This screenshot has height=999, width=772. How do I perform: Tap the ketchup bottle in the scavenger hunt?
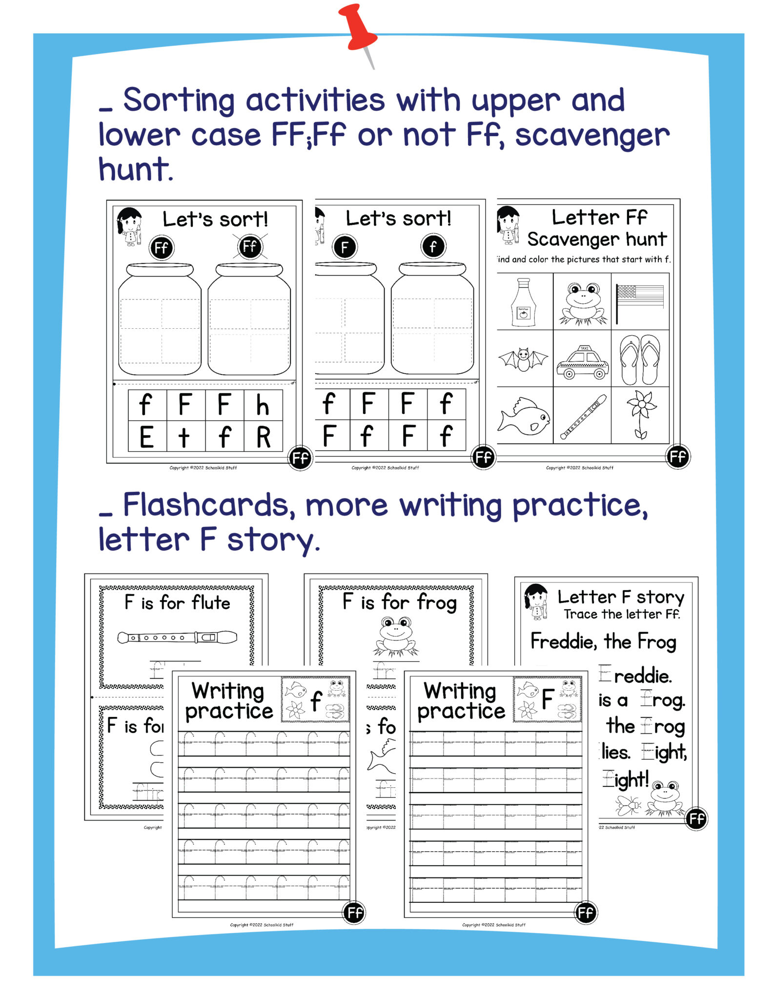[x=523, y=302]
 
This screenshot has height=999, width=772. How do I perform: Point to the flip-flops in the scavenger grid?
[x=640, y=360]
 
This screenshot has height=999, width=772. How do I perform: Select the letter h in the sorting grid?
[x=263, y=405]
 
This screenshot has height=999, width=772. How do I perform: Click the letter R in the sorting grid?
[x=264, y=437]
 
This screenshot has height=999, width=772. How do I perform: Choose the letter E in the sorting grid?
[x=146, y=437]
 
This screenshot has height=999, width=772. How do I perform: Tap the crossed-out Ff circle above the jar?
[x=250, y=246]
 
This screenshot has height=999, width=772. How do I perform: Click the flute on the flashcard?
[x=177, y=637]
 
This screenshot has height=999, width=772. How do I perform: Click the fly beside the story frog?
[x=629, y=805]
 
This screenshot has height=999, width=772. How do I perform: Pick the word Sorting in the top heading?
[x=179, y=100]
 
